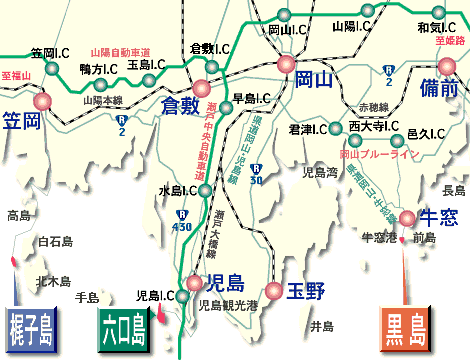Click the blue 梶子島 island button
(x=33, y=327)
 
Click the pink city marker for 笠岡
(x=42, y=102)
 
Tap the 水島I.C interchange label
(x=177, y=190)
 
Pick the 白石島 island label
(x=55, y=241)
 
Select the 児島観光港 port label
(x=228, y=306)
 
